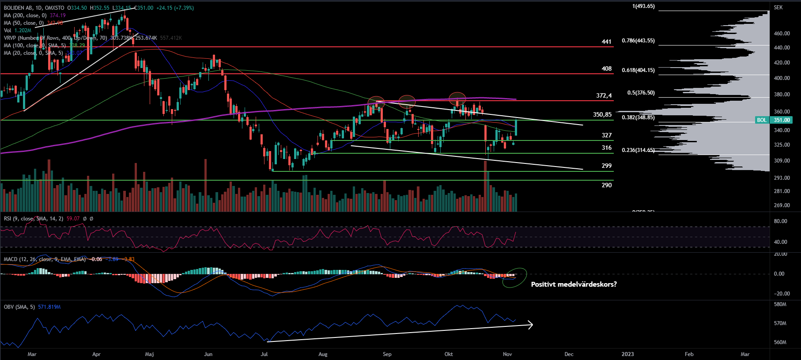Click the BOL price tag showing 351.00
click(x=780, y=120)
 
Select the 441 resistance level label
click(x=607, y=42)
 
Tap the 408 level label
click(x=607, y=68)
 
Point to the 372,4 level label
click(x=604, y=95)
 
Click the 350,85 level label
click(x=602, y=114)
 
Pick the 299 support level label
click(x=607, y=166)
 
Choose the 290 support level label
click(x=607, y=185)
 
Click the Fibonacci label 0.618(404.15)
click(x=638, y=70)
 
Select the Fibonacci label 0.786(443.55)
click(x=638, y=41)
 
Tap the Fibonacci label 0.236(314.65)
click(x=638, y=150)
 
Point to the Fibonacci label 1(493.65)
click(x=643, y=6)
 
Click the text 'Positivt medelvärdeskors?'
click(x=574, y=284)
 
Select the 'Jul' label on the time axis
click(x=264, y=354)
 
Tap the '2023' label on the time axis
click(x=627, y=354)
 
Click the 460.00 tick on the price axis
click(x=782, y=34)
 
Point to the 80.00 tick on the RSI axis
click(x=781, y=221)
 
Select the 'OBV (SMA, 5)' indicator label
click(x=19, y=307)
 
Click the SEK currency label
click(x=778, y=8)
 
